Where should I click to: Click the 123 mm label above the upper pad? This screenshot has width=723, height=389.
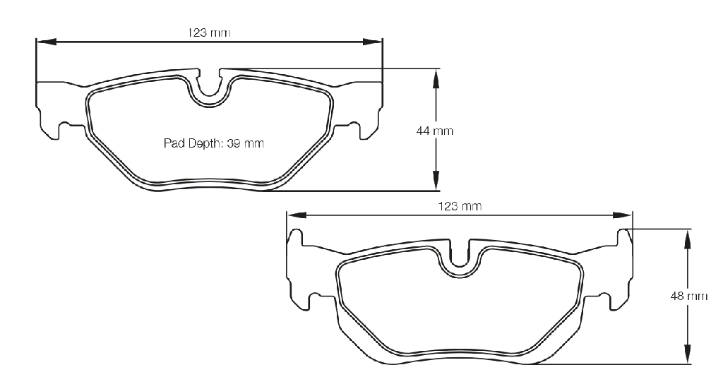click(209, 32)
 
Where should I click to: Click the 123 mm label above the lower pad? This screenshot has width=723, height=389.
click(460, 206)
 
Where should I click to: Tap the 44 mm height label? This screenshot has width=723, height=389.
click(435, 131)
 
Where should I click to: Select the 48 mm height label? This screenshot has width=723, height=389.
click(689, 296)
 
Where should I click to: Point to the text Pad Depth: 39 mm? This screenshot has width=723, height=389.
click(213, 143)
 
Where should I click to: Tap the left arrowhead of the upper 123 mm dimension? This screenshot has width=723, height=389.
click(46, 42)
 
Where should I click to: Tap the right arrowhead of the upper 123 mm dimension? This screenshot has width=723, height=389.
click(373, 42)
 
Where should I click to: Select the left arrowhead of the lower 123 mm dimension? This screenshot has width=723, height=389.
click(297, 215)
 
